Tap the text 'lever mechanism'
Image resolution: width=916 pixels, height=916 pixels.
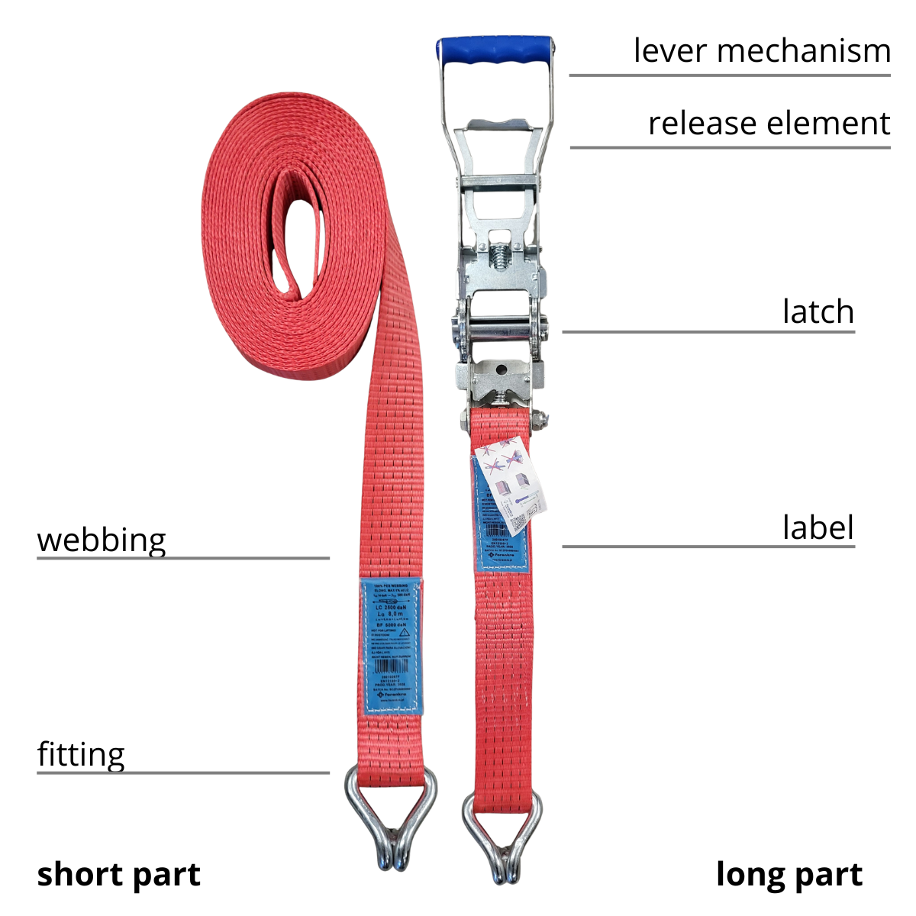coord(762,51)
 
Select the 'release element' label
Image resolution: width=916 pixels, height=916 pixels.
coord(769,123)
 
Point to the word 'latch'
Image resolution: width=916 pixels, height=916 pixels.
coord(818,311)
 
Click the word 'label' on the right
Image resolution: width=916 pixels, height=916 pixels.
coord(818,527)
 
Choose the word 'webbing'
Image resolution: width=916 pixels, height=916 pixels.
coord(102,540)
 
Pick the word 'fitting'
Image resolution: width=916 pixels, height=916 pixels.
coord(81,754)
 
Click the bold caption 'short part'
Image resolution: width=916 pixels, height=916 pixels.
coord(118,874)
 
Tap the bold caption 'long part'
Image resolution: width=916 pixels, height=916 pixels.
coord(789,874)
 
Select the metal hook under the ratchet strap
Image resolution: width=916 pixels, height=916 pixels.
coord(503,836)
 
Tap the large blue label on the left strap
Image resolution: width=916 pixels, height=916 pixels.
coord(391,646)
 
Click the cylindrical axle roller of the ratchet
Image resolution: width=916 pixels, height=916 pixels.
coord(501,334)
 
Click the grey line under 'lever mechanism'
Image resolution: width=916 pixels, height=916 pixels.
coord(730,76)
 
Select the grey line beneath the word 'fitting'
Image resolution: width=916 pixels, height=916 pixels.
coord(183,773)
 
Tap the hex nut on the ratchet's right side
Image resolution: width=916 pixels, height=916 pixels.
coord(540,419)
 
